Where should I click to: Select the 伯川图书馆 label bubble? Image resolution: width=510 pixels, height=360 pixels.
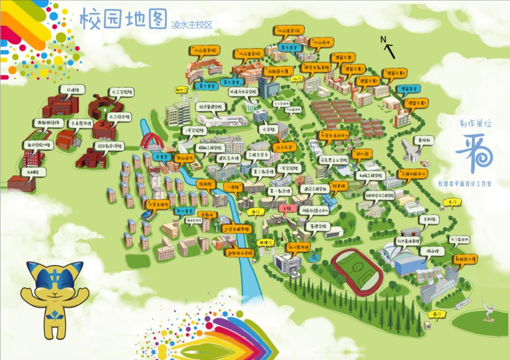tap(297, 247)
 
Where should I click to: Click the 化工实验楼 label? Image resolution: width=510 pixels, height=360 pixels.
tap(121, 92)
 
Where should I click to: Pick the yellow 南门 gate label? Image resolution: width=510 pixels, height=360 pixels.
tap(436, 313)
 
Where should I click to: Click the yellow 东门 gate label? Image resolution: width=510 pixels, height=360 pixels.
tap(452, 202)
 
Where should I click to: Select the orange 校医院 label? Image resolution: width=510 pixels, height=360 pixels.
tap(206, 184)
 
